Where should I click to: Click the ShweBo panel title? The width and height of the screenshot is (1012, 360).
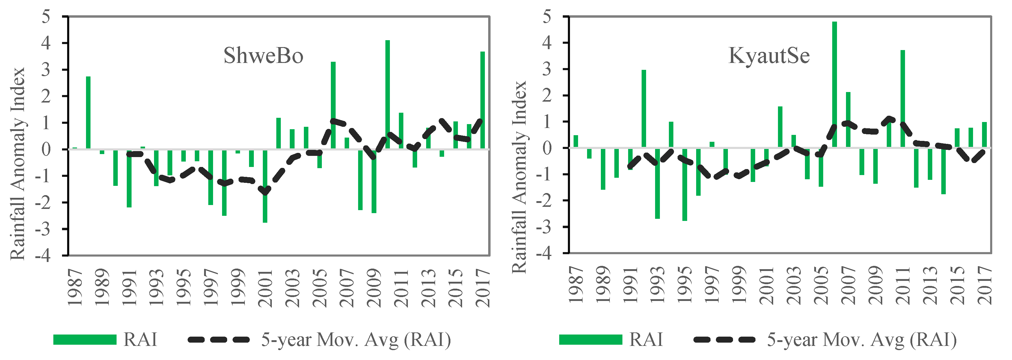pos(263,56)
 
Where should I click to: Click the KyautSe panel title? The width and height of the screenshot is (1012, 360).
pos(769,56)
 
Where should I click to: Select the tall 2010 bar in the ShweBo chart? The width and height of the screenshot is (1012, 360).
pos(387,94)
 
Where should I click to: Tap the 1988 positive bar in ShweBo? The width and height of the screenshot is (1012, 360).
pos(88,112)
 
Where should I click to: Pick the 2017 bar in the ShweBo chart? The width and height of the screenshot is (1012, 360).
pos(482,100)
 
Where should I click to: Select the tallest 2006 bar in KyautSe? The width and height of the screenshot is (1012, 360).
pos(834,85)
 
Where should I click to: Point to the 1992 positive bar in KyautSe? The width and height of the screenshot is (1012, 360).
pos(643,109)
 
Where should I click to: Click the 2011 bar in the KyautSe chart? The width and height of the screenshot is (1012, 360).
pos(902,98)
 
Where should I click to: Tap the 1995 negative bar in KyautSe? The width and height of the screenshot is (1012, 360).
pos(685,185)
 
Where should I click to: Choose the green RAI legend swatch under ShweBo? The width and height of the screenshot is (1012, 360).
pos(85,340)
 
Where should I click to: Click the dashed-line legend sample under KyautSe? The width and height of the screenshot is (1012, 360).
pos(724,340)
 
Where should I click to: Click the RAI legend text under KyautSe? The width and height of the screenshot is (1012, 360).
pos(645,340)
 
